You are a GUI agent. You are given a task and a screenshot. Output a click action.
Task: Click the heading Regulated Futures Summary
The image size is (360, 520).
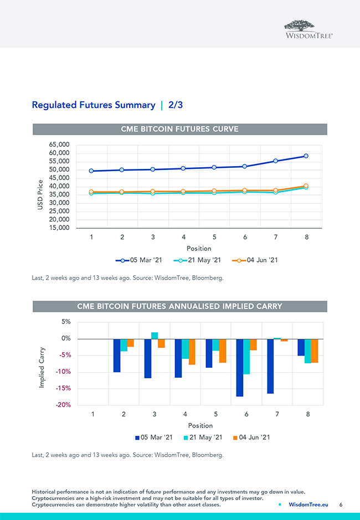(x=93, y=105)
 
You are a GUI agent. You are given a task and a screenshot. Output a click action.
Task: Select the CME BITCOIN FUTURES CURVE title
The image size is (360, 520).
(x=179, y=129)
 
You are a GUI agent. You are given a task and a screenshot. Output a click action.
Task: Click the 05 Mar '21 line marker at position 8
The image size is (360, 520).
(x=306, y=156)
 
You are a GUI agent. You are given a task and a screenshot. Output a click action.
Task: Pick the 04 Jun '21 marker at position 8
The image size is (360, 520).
(x=306, y=186)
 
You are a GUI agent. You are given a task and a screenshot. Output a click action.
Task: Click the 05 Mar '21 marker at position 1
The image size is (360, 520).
(x=91, y=171)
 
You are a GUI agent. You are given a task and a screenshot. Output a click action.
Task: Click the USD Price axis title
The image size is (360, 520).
(x=40, y=194)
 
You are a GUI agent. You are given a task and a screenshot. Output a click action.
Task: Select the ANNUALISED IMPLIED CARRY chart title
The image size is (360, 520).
(x=179, y=306)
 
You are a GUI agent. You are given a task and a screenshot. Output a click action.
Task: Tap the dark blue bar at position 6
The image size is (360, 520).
(x=240, y=368)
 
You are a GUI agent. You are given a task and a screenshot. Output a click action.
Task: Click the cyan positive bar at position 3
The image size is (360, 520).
(x=155, y=336)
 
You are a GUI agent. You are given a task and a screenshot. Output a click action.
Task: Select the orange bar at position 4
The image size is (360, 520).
(x=192, y=352)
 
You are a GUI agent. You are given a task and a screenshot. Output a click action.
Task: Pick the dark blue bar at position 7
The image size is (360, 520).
(x=270, y=366)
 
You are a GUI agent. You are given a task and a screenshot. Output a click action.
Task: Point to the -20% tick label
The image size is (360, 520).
(x=63, y=405)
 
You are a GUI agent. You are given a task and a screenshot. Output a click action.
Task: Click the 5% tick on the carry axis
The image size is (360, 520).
(x=66, y=322)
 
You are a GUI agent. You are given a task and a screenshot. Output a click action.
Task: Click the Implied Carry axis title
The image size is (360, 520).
(x=42, y=367)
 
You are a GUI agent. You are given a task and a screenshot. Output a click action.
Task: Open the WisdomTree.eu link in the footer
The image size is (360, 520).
(x=308, y=504)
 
